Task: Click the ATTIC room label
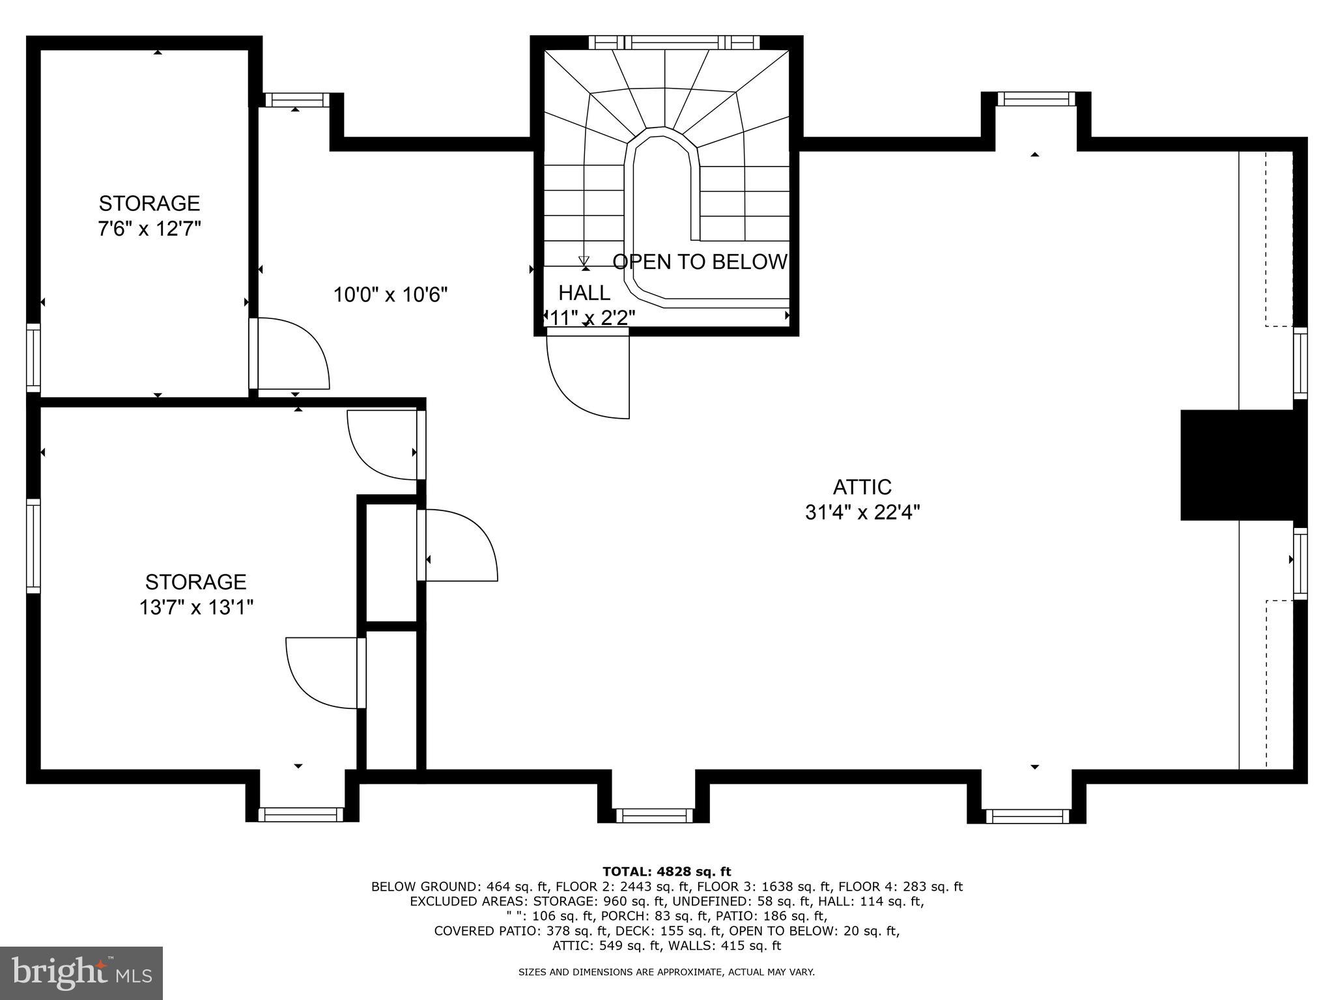[862, 487]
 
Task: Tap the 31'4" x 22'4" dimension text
[862, 513]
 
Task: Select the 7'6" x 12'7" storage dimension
[149, 229]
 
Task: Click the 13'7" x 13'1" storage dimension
[195, 607]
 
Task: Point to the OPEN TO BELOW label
[700, 262]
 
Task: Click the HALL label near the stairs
[584, 293]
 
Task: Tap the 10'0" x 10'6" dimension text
[390, 295]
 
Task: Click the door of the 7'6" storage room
[290, 354]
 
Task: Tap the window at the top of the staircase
[674, 43]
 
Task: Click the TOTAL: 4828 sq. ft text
[666, 872]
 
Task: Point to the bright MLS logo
[81, 973]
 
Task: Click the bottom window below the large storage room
[301, 814]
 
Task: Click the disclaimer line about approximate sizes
[666, 972]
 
